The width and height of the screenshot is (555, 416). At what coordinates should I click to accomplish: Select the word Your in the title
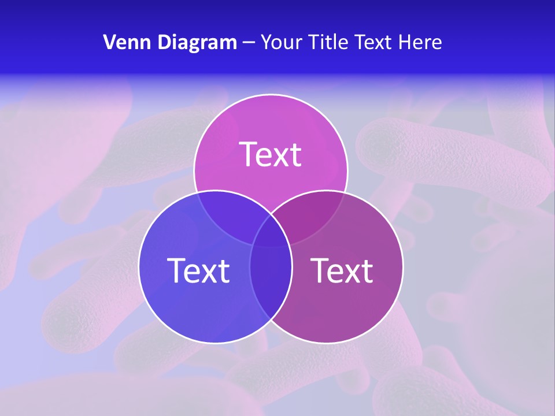(x=283, y=42)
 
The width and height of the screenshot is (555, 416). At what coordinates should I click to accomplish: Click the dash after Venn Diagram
(x=249, y=43)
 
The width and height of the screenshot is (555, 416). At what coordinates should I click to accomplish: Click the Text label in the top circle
(x=271, y=155)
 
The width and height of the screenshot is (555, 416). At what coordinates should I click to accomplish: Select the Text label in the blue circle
(x=198, y=270)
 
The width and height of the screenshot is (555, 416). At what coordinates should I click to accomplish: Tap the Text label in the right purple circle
(x=342, y=270)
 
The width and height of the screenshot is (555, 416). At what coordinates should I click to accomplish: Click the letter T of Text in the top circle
(x=249, y=155)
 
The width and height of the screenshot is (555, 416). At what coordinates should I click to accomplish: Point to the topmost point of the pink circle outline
(x=271, y=94)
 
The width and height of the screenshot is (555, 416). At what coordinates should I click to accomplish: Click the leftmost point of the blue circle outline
(x=139, y=267)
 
